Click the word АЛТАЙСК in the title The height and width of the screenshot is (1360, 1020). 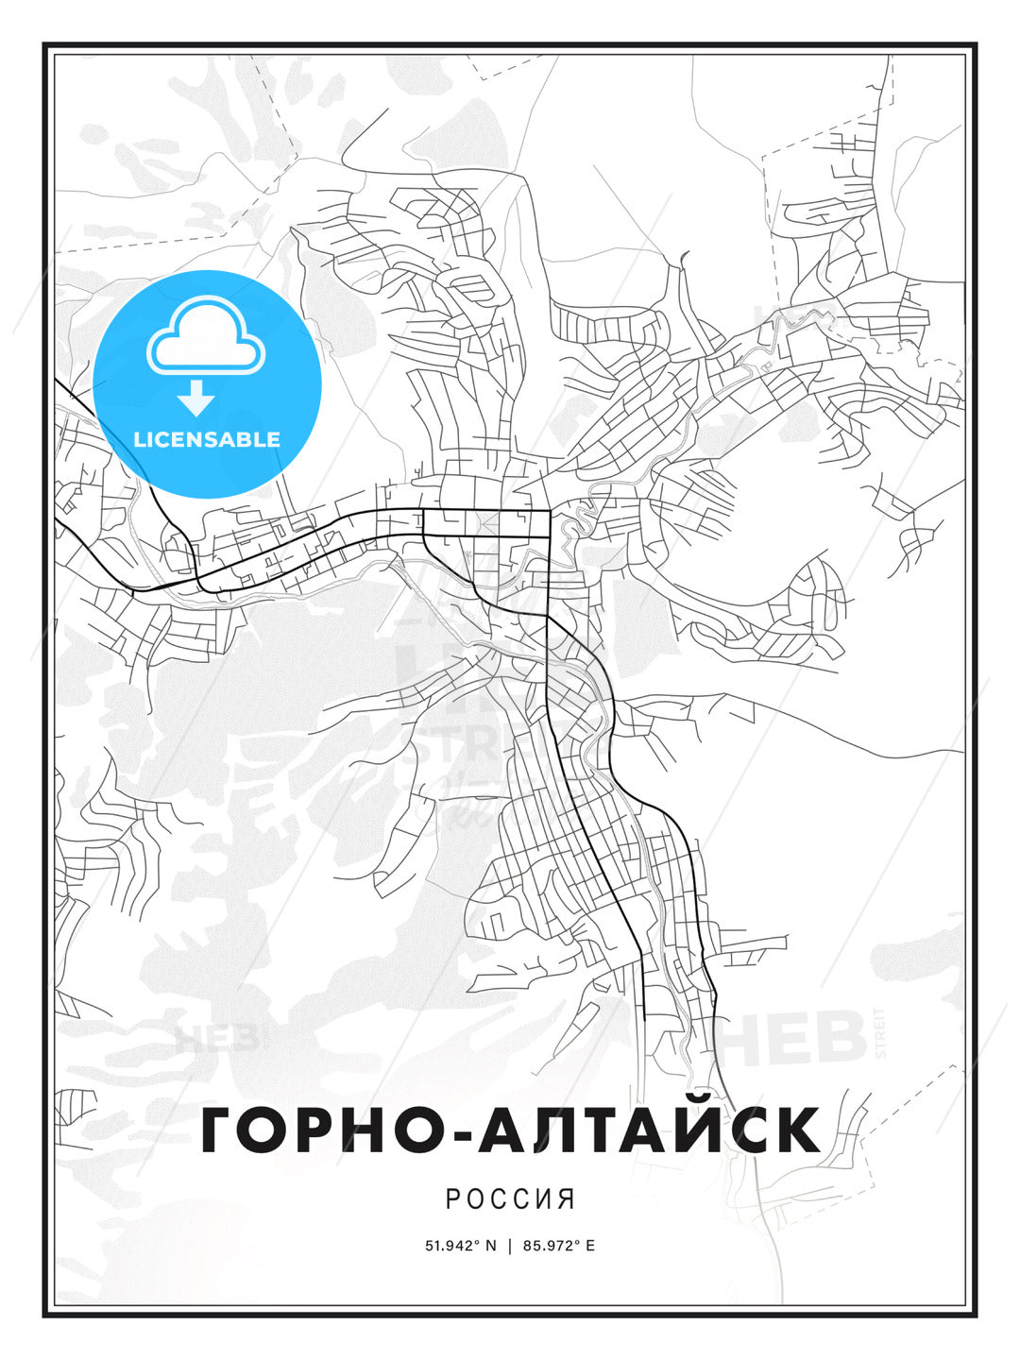[x=650, y=1130]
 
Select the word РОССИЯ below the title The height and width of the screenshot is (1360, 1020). [x=510, y=1199]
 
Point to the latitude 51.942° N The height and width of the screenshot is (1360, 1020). [x=460, y=1246]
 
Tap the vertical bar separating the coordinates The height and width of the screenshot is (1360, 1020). [x=510, y=1246]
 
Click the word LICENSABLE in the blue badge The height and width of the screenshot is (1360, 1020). [x=207, y=439]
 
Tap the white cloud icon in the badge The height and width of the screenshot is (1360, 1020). [x=207, y=335]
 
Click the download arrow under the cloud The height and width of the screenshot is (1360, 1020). [x=196, y=399]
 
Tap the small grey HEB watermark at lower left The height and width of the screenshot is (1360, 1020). [x=215, y=1040]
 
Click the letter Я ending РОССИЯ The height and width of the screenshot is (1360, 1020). [x=568, y=1199]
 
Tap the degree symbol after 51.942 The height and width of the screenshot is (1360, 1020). [x=480, y=1242]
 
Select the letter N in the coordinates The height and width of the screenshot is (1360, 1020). [x=490, y=1246]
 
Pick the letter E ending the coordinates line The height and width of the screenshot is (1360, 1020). [x=590, y=1246]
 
